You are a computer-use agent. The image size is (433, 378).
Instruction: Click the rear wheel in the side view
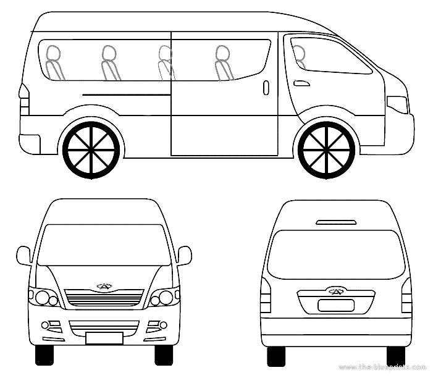[92, 149]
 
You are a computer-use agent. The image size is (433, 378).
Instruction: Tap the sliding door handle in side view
[266, 87]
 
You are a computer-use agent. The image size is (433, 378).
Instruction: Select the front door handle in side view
[301, 83]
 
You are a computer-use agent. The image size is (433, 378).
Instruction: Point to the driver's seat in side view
[300, 56]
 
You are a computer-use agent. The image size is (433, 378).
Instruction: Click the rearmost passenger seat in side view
[54, 62]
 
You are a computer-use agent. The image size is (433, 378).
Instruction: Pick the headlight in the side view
[398, 104]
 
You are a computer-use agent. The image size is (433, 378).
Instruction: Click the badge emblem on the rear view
[335, 291]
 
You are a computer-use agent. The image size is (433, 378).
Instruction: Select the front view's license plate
[104, 337]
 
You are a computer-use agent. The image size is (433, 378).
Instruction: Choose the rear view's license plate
[335, 305]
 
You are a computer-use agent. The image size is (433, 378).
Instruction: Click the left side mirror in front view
[24, 255]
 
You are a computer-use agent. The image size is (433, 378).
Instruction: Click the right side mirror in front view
[184, 254]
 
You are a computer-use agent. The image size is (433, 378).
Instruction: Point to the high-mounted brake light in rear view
[335, 221]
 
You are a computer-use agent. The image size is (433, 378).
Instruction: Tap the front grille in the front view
[104, 298]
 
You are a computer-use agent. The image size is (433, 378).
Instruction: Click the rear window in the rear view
[335, 253]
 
